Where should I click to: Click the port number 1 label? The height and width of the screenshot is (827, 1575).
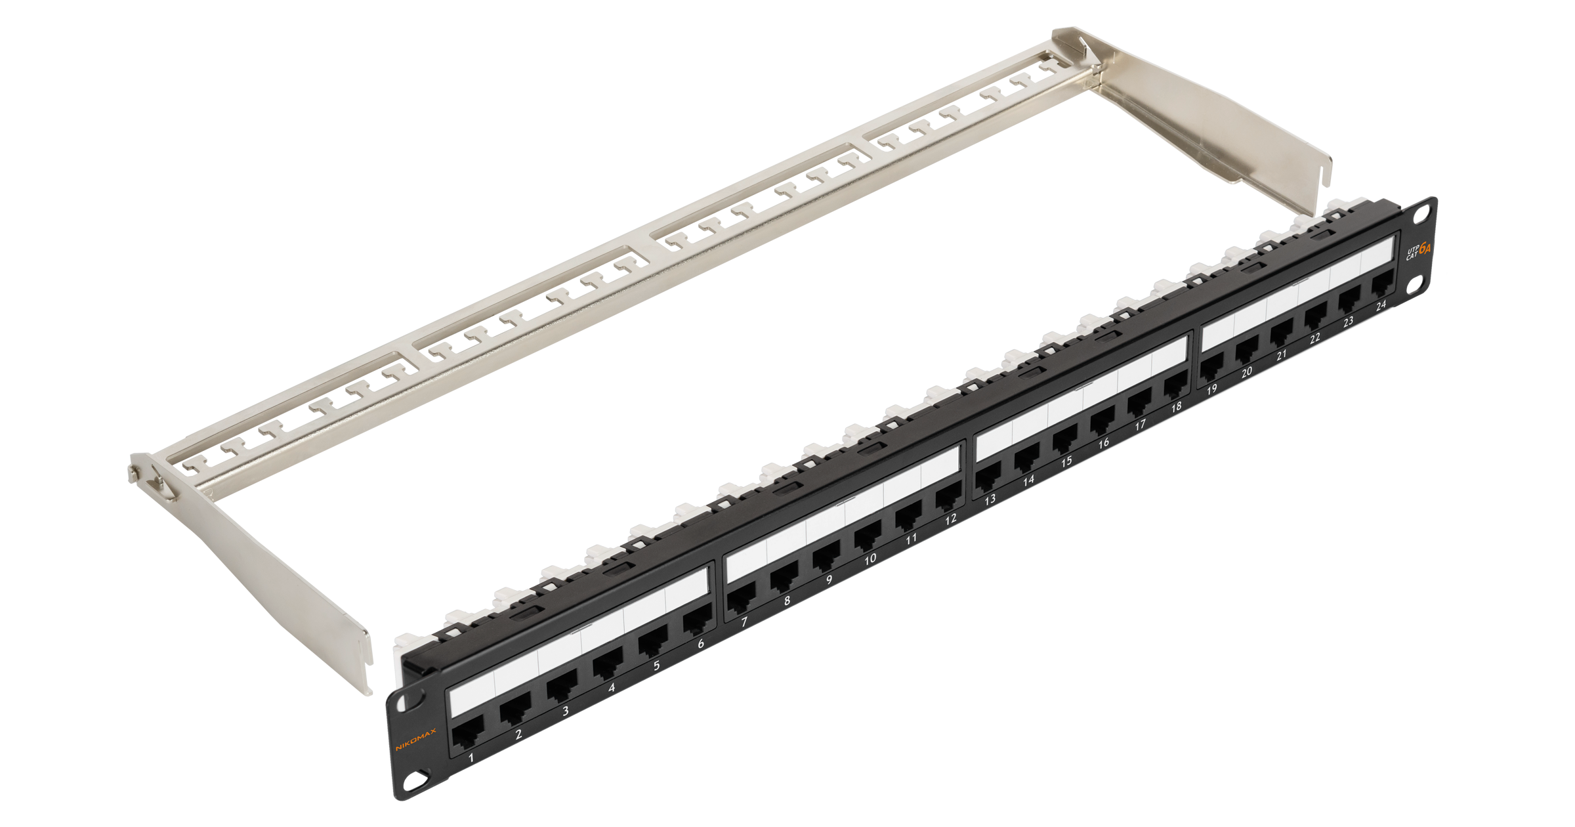(471, 758)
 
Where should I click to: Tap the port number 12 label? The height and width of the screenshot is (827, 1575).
(951, 519)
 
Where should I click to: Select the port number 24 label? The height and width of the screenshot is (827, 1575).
(1381, 305)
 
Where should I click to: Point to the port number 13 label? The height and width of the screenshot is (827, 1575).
(990, 499)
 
